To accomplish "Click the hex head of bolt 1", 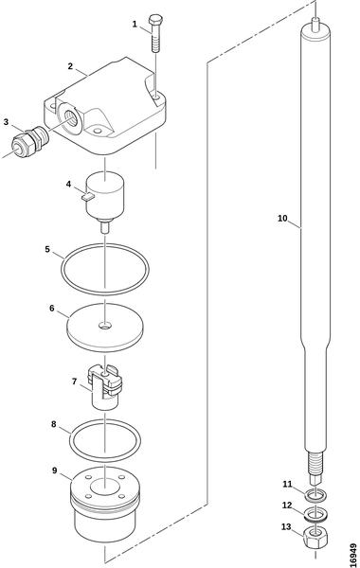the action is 155,19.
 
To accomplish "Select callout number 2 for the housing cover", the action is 70,66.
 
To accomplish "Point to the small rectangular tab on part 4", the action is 88,196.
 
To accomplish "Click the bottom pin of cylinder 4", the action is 105,228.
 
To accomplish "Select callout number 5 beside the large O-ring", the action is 47,250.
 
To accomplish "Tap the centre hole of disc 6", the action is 105,327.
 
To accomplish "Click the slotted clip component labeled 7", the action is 105,387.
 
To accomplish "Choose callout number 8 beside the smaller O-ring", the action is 54,424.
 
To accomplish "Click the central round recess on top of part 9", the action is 105,487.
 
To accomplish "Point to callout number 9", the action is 54,470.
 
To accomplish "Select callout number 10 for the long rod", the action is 282,219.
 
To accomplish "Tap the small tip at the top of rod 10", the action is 315,23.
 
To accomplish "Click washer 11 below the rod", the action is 315,494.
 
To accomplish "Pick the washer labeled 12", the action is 315,514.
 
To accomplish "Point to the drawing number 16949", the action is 352,555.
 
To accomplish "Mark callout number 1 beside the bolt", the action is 135,25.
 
